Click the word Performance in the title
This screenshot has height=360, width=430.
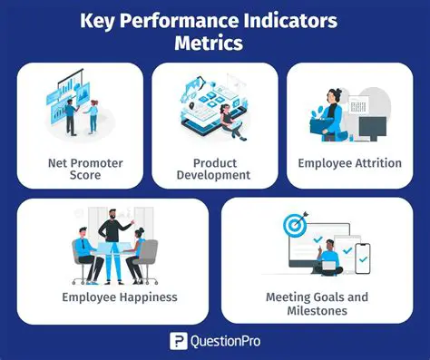point(191,19)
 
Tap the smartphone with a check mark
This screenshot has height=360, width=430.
point(362,258)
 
